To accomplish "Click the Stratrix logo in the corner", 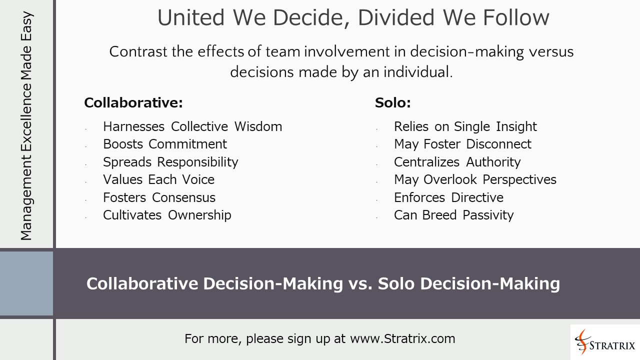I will click(605, 342).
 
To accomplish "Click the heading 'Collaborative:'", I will click(133, 103).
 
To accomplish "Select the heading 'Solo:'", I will click(392, 103).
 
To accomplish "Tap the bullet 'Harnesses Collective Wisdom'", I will click(192, 126).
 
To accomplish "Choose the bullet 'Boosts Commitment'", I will click(164, 144).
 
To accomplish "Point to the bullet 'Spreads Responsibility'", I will click(170, 162).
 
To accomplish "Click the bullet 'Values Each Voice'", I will click(158, 179).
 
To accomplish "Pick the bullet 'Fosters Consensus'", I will click(159, 197).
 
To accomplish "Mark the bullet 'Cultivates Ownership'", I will click(167, 215).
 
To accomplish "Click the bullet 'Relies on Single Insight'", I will click(465, 126).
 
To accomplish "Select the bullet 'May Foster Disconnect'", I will click(462, 144).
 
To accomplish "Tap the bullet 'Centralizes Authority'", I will click(457, 162).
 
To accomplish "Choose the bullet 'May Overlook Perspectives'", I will click(475, 179).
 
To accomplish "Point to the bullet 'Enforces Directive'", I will click(448, 197).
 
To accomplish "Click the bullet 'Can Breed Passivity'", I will click(453, 215).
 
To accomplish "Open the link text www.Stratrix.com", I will click(402, 338).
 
